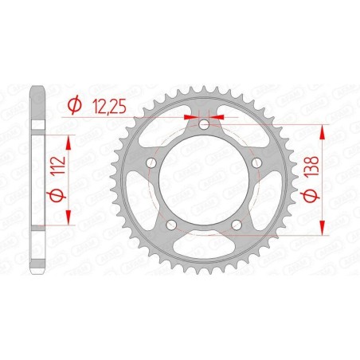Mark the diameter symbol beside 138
[x=306, y=195]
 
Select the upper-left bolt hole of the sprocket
[x=151, y=163]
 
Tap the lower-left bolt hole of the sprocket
[x=172, y=226]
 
